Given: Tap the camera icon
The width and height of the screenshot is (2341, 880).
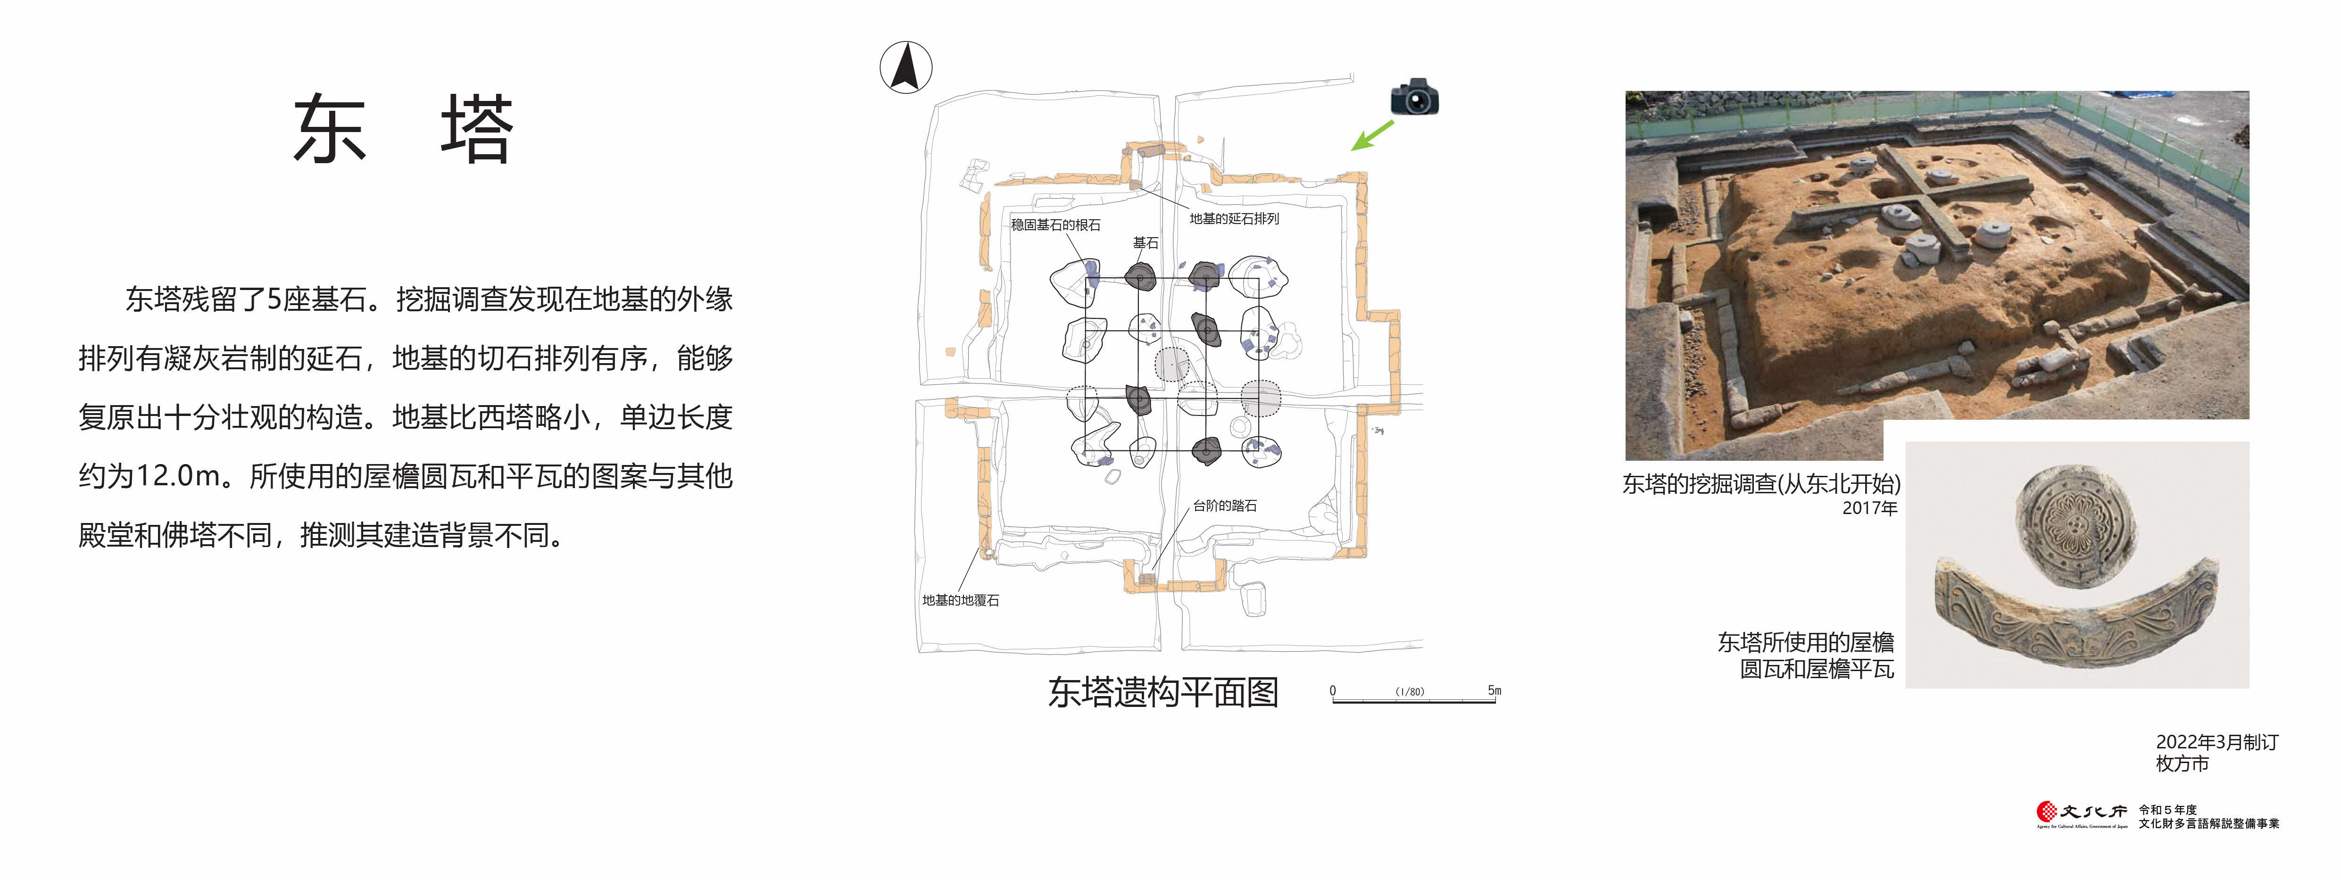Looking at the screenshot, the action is (1415, 96).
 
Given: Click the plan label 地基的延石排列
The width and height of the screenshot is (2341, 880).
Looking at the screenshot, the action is (1234, 218).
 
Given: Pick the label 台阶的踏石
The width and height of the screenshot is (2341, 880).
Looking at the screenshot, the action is (1225, 506).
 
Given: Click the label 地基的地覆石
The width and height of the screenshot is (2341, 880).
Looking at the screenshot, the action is (961, 600).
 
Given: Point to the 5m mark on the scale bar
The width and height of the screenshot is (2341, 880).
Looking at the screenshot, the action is (1494, 691).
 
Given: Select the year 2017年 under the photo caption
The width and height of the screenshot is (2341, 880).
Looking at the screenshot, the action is (1869, 508).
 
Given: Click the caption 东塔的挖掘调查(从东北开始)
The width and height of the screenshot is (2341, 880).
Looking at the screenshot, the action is (1761, 484).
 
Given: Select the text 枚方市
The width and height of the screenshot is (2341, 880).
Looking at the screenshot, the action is (2182, 764).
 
